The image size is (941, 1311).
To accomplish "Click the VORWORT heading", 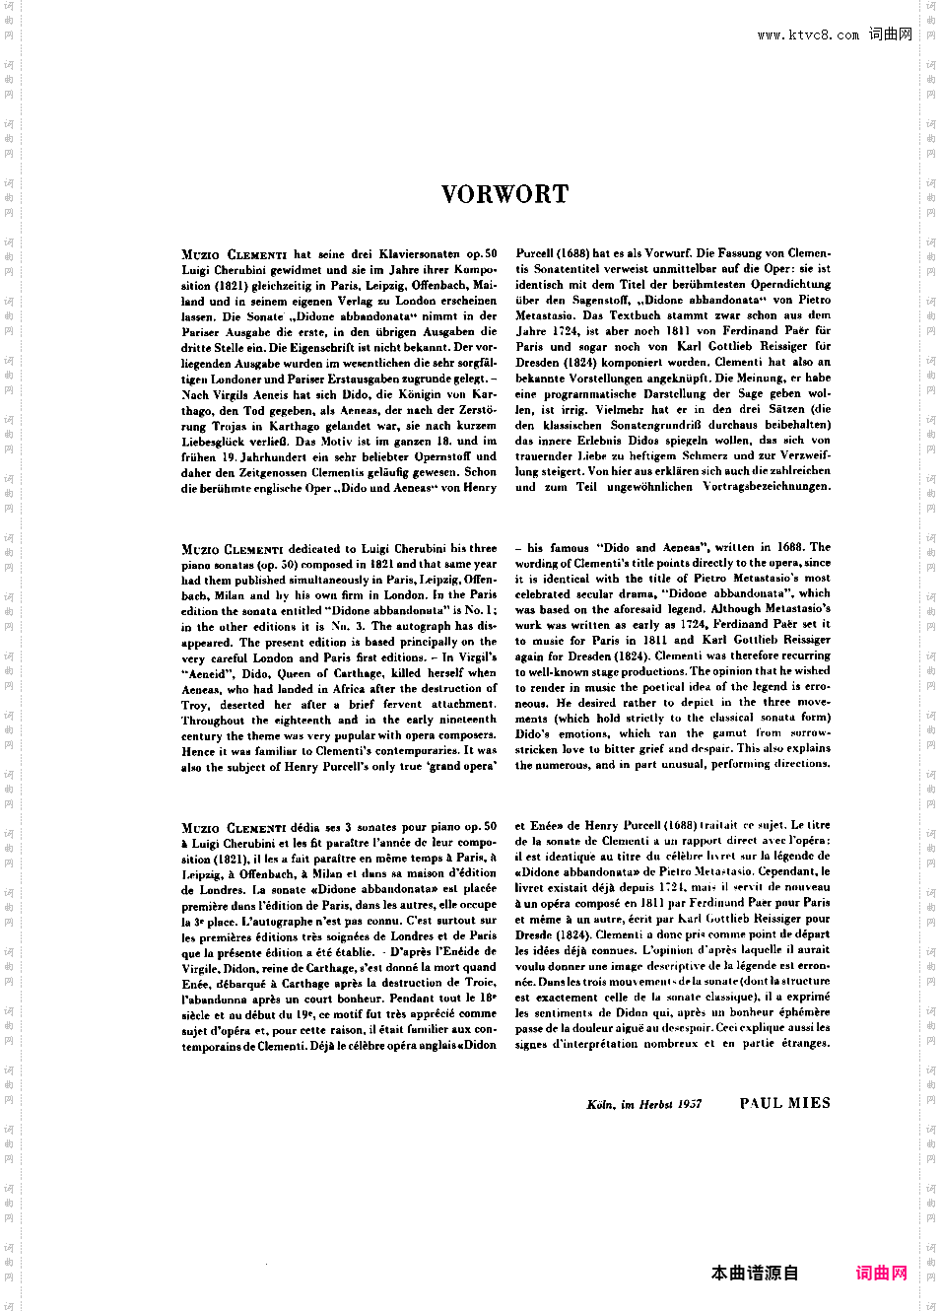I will point(504,194).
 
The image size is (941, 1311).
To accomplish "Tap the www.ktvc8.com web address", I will point(808,35).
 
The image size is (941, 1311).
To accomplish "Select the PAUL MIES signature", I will point(784,1103).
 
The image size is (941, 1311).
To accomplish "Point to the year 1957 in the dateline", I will point(689,1104).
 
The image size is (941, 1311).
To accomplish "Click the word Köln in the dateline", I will point(601,1104).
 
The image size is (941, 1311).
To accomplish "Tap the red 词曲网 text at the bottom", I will point(881,1273).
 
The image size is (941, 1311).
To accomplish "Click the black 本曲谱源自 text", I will point(755,1273).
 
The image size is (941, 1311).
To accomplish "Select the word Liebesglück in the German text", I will point(215,442).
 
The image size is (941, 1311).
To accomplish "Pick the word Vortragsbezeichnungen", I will point(767,487).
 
